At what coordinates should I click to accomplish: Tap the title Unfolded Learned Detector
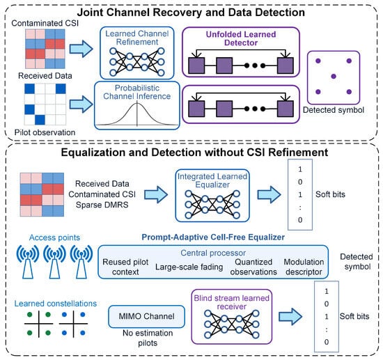coord(241,38)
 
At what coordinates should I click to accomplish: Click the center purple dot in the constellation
coord(334,77)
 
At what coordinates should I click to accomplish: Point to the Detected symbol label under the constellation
coord(334,110)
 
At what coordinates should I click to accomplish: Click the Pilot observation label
coord(45,132)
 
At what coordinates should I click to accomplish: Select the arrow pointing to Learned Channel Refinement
coord(81,49)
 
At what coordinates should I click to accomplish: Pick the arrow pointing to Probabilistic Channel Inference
coord(81,104)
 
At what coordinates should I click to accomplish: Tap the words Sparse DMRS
coord(102,205)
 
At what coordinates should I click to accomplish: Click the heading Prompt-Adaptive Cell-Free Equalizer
coord(213,237)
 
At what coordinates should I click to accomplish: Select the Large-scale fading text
coord(189,267)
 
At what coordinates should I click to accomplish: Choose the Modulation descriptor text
coord(304,267)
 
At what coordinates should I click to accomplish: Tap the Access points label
coord(54,237)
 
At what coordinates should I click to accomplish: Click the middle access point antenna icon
coord(54,262)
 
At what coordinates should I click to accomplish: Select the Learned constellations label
coord(56,304)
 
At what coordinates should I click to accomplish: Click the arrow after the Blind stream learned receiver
coord(290,317)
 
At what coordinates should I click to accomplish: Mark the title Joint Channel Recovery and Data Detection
coord(191,13)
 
